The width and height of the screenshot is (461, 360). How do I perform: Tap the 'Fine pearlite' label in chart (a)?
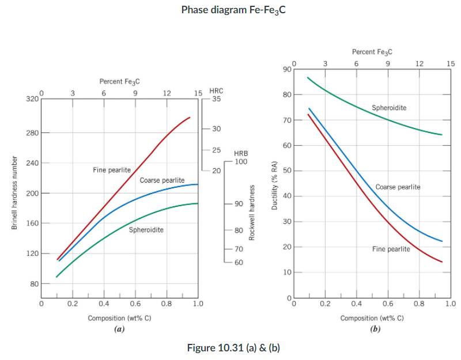(112, 170)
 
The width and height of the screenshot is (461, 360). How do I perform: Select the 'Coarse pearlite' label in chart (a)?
(162, 180)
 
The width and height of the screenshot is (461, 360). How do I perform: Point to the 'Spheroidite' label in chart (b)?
(389, 108)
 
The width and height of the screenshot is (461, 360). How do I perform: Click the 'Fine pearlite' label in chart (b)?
(391, 249)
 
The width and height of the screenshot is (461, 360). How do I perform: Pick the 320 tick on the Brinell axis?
(32, 99)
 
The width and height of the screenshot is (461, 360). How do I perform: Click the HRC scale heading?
(216, 91)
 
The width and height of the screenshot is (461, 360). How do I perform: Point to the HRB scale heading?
(241, 154)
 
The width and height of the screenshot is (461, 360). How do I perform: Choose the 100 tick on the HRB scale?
(241, 162)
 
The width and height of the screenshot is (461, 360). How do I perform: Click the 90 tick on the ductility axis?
(287, 70)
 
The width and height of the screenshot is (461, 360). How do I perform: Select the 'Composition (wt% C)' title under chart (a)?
(119, 318)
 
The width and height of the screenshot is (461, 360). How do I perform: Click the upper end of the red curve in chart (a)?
(190, 118)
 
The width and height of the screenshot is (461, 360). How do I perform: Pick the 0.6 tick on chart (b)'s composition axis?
(388, 302)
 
